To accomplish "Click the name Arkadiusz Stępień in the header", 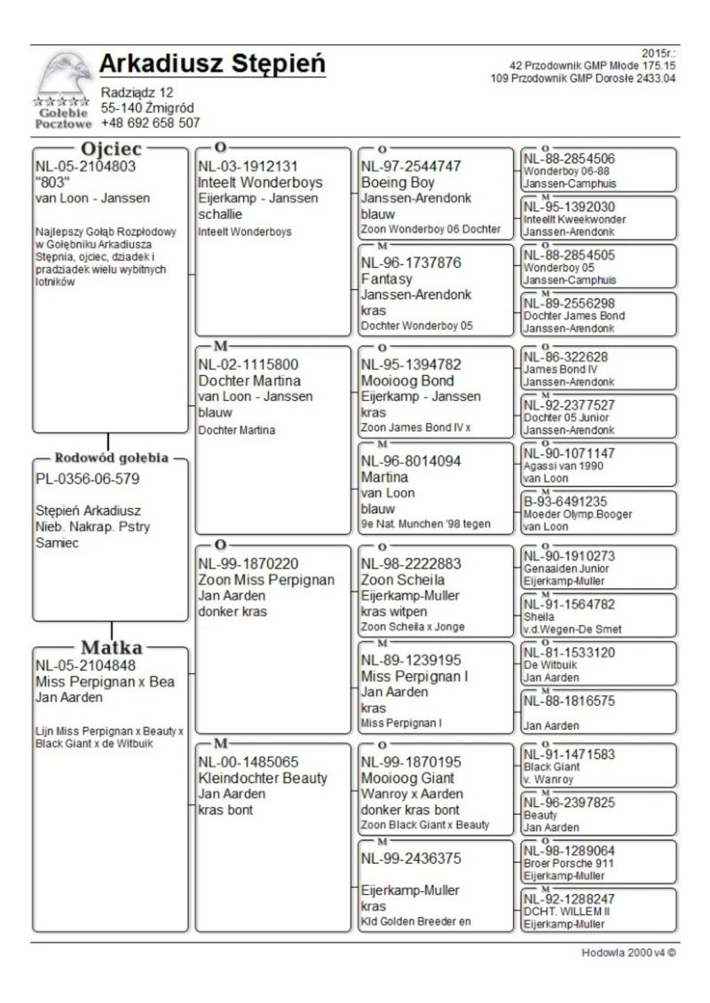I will [212, 65].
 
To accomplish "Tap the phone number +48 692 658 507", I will [151, 123].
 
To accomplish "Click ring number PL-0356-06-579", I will [89, 479].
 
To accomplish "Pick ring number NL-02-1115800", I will [248, 364].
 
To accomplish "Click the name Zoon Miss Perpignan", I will [266, 580].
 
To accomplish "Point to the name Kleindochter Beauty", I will [263, 779].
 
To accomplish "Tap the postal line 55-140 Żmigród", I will [147, 107].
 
